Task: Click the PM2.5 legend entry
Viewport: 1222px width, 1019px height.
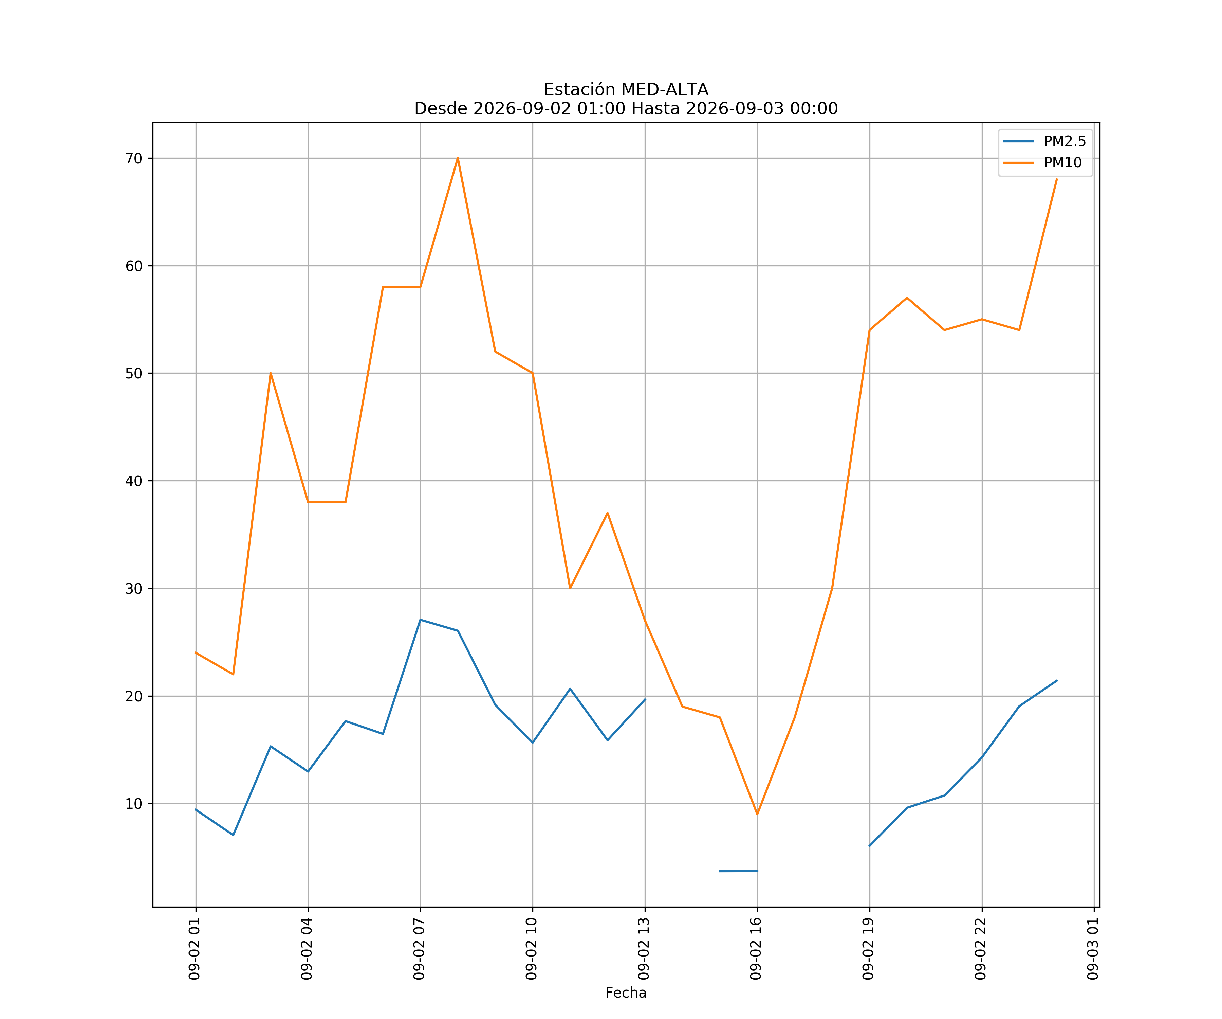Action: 1044,142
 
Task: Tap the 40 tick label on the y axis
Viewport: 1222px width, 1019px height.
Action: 134,481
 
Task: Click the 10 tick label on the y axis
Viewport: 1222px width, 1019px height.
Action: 134,804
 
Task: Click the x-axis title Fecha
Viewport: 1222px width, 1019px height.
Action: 626,993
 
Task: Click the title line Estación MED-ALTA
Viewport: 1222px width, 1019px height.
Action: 626,90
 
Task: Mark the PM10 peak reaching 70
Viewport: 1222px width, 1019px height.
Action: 458,158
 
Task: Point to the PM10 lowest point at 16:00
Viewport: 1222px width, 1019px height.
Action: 757,814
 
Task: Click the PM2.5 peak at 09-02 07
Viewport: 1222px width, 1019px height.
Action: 420,620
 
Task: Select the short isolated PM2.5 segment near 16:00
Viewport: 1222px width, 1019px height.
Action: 738,871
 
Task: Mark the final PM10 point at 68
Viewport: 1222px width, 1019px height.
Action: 1057,179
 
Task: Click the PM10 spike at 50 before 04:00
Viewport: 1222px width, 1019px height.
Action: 271,373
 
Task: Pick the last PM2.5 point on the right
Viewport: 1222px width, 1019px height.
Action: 1057,680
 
